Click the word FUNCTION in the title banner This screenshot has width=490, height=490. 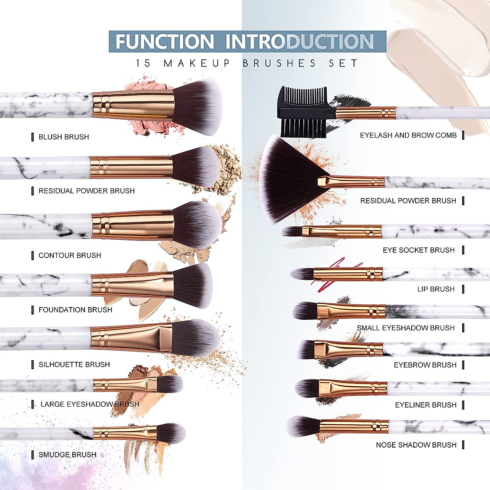pyautogui.click(x=165, y=42)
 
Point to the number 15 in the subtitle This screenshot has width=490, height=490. pyautogui.click(x=143, y=63)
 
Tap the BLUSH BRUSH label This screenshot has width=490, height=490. pyautogui.click(x=64, y=137)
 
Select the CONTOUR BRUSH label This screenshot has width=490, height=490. pyautogui.click(x=70, y=256)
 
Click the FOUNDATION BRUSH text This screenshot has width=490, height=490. pyautogui.click(x=75, y=310)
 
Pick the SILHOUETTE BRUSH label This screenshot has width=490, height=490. pyautogui.click(x=74, y=365)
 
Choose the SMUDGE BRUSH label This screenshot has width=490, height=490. pyautogui.click(x=67, y=455)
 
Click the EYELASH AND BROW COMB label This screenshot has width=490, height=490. pyautogui.click(x=408, y=135)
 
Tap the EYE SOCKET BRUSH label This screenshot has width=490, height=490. pyautogui.click(x=419, y=250)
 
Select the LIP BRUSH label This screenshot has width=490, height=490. pyautogui.click(x=436, y=289)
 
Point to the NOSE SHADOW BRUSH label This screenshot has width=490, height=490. pyautogui.click(x=416, y=445)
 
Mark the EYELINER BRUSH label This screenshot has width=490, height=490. pyautogui.click(x=425, y=405)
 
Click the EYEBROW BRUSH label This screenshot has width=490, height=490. pyautogui.click(x=425, y=365)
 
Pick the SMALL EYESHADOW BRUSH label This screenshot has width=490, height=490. pyautogui.click(x=405, y=328)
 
